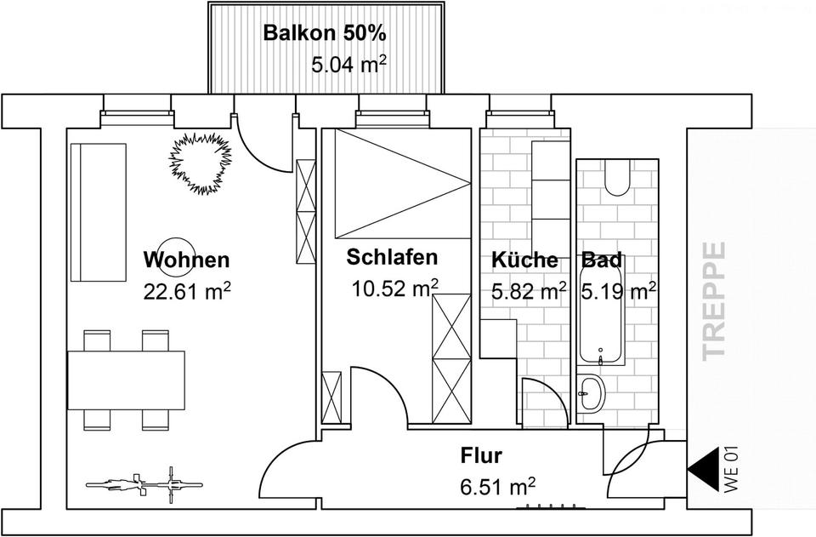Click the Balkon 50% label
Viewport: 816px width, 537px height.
coord(325,34)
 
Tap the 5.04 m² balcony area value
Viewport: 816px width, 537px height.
coord(349,64)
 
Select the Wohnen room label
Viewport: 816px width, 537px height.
coord(186,260)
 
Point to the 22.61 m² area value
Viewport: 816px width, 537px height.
coord(187,292)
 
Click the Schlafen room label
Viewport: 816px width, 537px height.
coord(392,257)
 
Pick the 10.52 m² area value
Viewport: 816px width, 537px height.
coord(395,288)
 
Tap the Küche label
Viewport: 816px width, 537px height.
coord(524,260)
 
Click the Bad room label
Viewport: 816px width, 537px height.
coord(602,260)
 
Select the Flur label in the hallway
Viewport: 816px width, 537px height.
coord(481,456)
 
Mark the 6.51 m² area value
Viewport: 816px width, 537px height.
coord(497,488)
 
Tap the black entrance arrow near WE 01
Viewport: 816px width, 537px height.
coord(702,468)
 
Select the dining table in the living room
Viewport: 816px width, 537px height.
coord(127,379)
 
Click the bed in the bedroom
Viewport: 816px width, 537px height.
coord(402,183)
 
